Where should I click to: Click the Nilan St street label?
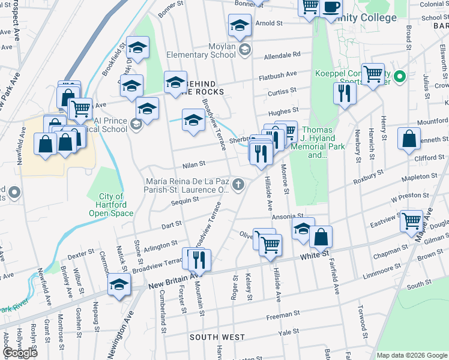[194, 163]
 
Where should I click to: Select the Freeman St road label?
[283, 314]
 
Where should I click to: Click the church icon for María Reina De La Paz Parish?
[239, 184]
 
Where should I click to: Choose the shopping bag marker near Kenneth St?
[409, 139]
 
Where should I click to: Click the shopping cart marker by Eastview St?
[412, 221]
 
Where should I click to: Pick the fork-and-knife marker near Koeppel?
[344, 93]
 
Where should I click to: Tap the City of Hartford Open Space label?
[110, 205]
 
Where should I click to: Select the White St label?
[316, 254]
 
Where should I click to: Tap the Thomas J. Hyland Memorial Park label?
[316, 142]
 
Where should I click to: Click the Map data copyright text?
[412, 355]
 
